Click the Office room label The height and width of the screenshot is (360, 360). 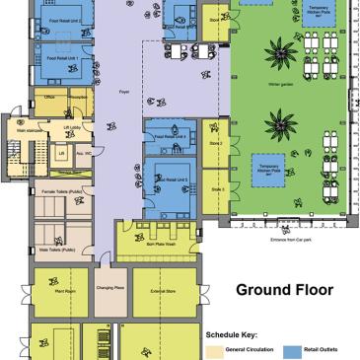[x=49, y=98]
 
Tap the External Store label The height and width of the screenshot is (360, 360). [x=164, y=291]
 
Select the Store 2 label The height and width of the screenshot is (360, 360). [x=215, y=144]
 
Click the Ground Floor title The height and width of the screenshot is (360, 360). [x=284, y=290]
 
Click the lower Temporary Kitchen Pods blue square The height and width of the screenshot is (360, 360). [x=268, y=169]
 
